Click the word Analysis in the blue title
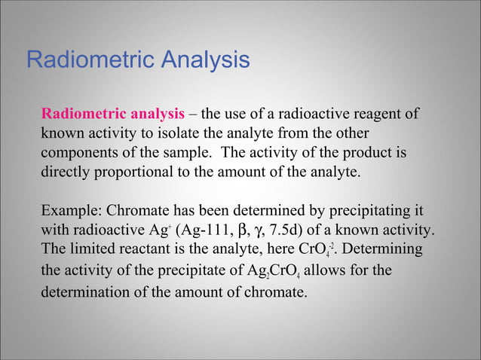pos(200,59)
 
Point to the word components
pos(78,154)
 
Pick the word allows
pos(342,269)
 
